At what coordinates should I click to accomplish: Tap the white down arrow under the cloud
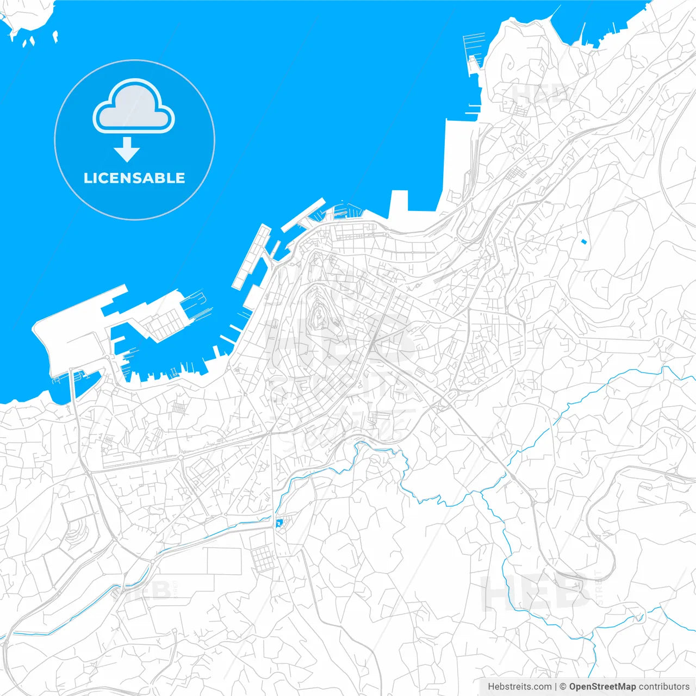(127, 149)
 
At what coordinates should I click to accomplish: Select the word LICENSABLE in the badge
(134, 178)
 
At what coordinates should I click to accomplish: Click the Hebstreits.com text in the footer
(519, 687)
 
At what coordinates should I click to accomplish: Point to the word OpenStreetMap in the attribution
(602, 687)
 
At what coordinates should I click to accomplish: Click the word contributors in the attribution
(664, 687)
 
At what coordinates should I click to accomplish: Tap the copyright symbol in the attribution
(563, 687)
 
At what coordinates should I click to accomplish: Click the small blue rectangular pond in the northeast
(584, 241)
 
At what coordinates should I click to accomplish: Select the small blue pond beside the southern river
(279, 523)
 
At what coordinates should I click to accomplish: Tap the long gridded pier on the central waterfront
(251, 256)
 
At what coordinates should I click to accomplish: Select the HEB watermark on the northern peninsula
(536, 94)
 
